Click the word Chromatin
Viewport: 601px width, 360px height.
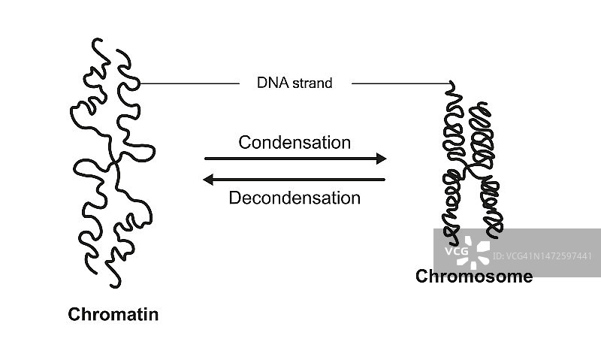(x=113, y=314)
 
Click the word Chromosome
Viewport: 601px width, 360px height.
(x=474, y=277)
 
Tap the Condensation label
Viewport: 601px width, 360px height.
(x=294, y=142)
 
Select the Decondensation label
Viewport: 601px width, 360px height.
(x=294, y=198)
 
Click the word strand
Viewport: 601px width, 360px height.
(x=313, y=83)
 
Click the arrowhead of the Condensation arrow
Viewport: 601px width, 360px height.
(x=381, y=159)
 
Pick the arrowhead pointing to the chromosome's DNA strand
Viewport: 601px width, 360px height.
(x=451, y=84)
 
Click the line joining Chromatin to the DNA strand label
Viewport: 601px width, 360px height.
(x=188, y=83)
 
